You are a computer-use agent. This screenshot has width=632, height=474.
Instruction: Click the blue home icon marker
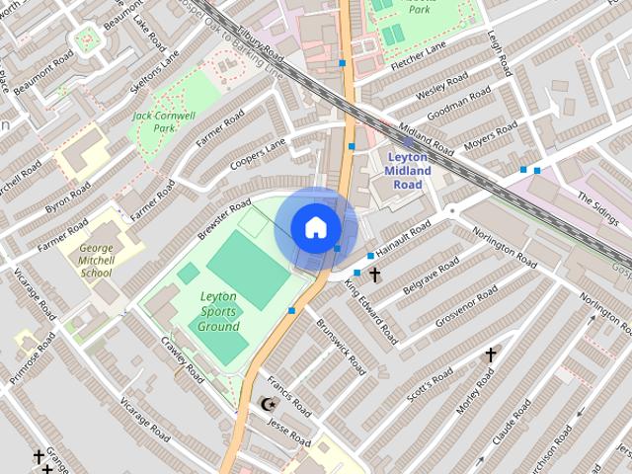point(315,227)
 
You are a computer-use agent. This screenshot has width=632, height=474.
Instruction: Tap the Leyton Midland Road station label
point(409,171)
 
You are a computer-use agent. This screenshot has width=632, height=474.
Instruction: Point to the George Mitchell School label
point(96,259)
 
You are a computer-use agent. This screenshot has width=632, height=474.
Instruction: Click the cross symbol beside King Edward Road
point(374,275)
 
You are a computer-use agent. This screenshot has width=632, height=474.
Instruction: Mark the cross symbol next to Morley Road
point(490,354)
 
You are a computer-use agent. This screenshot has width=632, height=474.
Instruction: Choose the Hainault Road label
point(406,237)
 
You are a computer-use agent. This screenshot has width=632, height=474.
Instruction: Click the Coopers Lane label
point(258,153)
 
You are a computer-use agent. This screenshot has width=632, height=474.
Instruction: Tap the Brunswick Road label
point(341,346)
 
